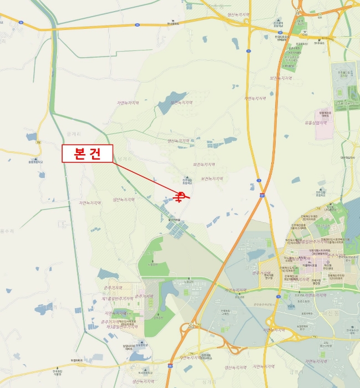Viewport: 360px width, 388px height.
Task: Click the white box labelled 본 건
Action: tap(87, 154)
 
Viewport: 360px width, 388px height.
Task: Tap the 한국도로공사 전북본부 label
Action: tap(282, 38)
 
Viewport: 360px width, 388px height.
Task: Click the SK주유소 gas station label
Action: tap(318, 43)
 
